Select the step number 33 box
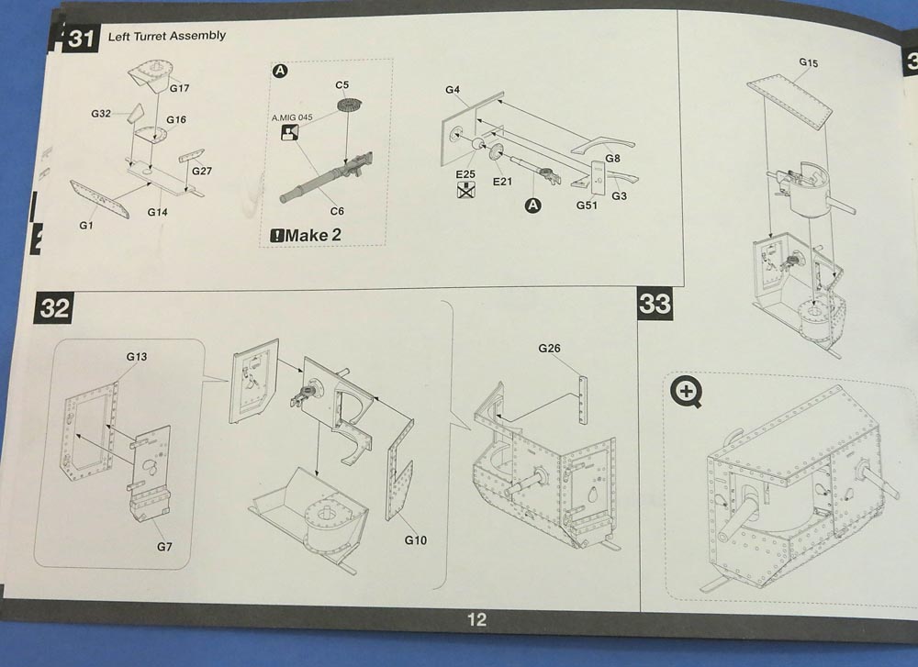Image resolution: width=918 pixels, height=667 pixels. [x=655, y=303]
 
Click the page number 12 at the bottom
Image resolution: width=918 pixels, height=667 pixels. [x=476, y=619]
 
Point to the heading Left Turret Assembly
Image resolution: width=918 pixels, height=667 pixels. [x=167, y=36]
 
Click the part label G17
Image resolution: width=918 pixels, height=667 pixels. [x=179, y=88]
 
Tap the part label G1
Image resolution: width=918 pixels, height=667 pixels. [x=87, y=224]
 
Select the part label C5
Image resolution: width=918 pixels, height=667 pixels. [x=342, y=85]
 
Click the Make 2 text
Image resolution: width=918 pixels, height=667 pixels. [x=307, y=235]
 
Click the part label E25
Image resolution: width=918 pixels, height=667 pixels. [x=464, y=173]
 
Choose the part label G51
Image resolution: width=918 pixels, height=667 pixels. [x=587, y=205]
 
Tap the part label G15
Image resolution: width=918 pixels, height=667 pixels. [x=809, y=62]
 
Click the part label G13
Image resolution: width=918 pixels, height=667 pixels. [x=137, y=355]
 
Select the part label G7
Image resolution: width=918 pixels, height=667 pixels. [x=162, y=548]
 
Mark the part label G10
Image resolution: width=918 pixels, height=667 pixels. [x=416, y=540]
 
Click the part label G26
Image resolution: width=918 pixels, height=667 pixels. [x=549, y=348]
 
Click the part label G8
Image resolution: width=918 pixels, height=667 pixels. [x=612, y=159]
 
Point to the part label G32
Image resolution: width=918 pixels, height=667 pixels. [x=101, y=114]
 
